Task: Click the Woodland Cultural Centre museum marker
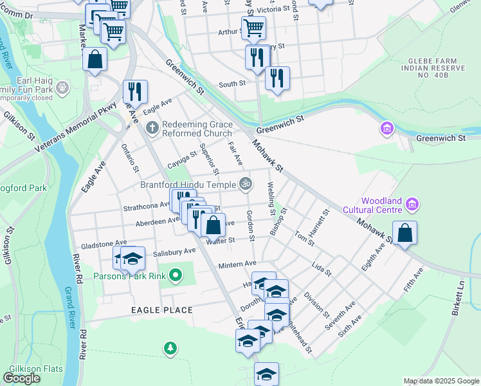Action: point(413,205)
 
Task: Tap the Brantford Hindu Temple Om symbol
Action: point(245,184)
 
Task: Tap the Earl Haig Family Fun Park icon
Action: point(62,87)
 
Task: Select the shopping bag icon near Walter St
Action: point(213,225)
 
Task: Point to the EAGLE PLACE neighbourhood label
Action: point(161,310)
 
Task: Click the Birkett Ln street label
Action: point(460,295)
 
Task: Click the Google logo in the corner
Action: point(21,378)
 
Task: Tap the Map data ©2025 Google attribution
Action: point(440,381)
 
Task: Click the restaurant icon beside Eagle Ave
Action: point(135,92)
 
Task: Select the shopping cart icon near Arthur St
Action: point(253,28)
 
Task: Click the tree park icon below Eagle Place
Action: point(170,348)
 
